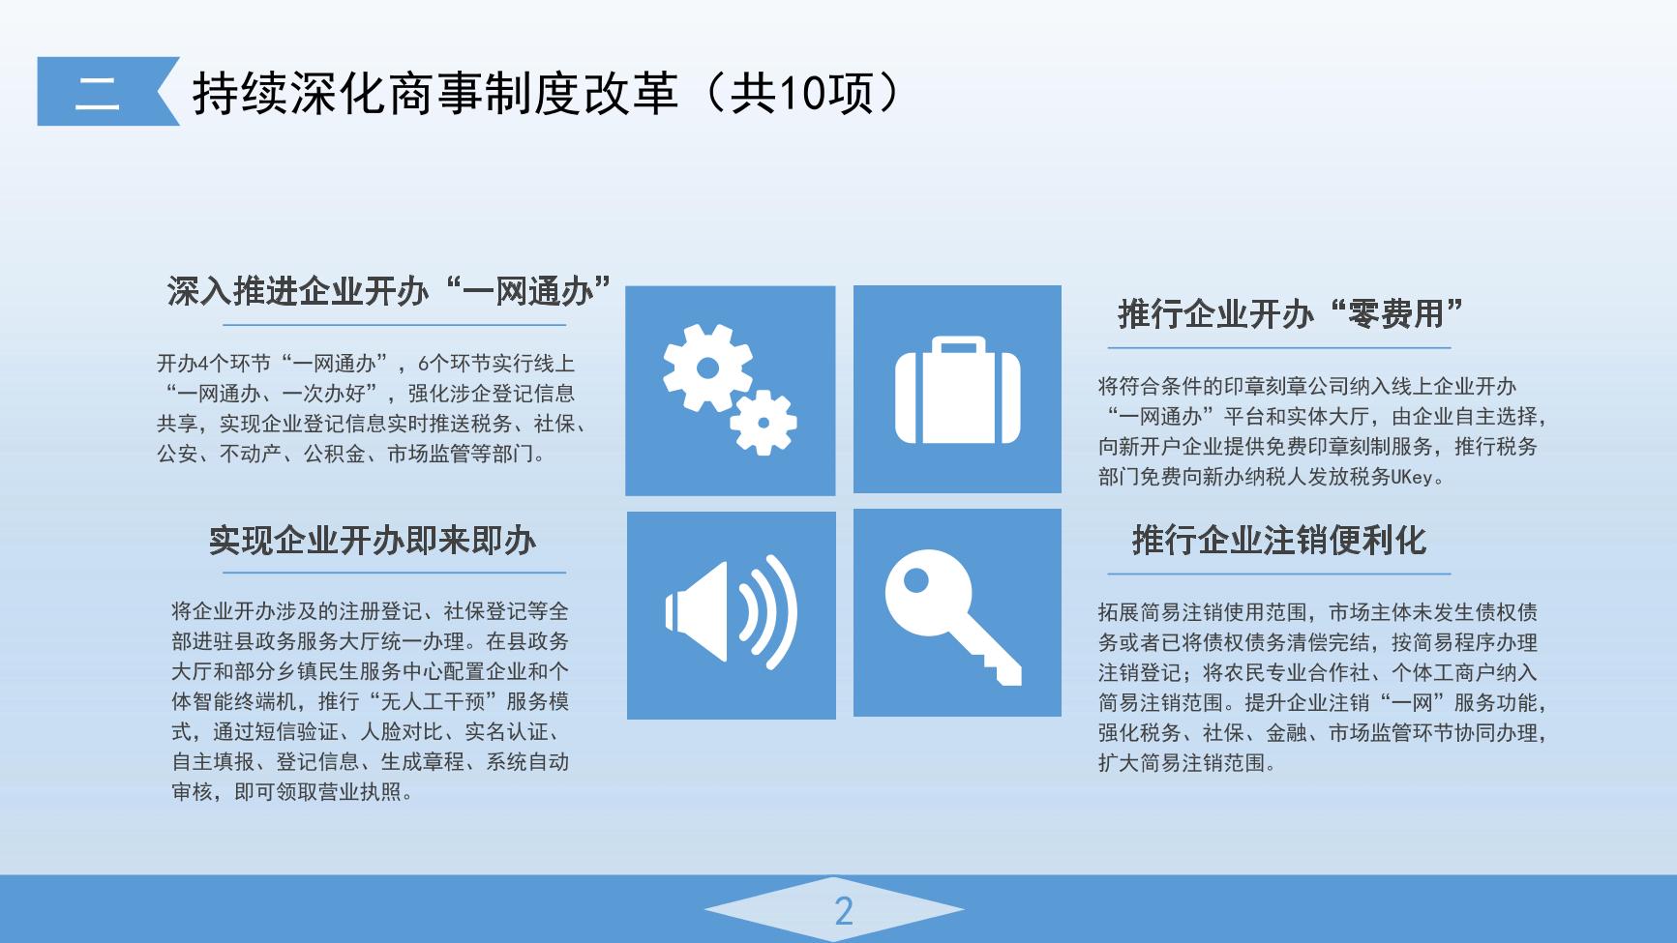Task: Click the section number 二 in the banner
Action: (98, 92)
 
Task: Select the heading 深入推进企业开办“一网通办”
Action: (390, 290)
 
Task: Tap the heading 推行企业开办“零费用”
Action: (1290, 313)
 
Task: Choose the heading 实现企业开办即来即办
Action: (373, 540)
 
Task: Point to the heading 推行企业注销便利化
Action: (1279, 540)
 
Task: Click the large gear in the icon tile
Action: (707, 368)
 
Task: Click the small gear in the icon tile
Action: (764, 422)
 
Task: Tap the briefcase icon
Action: (958, 390)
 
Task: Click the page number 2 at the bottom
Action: (844, 911)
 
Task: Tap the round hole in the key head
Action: (914, 581)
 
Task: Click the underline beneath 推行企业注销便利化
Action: (1279, 574)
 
